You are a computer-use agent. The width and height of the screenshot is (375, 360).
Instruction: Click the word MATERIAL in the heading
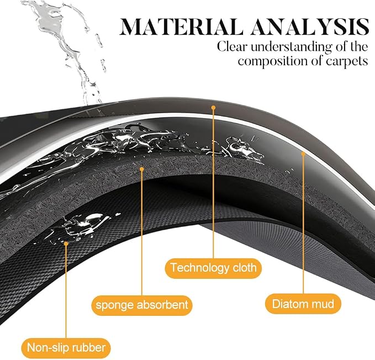tap(181, 27)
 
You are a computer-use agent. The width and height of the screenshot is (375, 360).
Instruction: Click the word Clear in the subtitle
tap(232, 46)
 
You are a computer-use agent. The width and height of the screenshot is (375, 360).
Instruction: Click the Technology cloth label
tap(213, 268)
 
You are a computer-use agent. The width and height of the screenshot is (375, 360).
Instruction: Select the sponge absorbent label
tap(142, 305)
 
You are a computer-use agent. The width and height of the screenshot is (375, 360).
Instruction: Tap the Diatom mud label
tap(303, 304)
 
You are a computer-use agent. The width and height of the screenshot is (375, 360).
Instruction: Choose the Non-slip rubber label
tap(66, 348)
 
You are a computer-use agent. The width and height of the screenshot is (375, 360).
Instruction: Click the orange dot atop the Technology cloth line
tap(213, 108)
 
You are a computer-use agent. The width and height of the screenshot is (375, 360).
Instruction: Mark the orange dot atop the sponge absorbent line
tap(141, 170)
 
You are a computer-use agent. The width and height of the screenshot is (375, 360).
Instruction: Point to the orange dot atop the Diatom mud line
tap(303, 154)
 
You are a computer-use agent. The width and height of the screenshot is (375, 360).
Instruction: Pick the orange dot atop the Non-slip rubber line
tap(66, 243)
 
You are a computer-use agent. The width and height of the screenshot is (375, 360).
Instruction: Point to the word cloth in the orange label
tap(245, 268)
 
